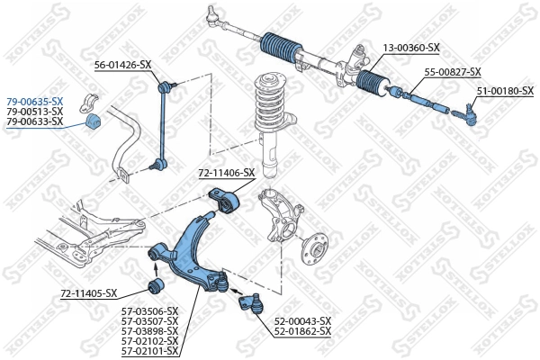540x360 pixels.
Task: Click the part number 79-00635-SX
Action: click(x=34, y=102)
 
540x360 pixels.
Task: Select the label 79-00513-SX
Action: click(x=34, y=112)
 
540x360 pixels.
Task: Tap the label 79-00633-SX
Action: click(x=34, y=121)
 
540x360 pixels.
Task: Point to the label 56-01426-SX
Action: click(x=123, y=65)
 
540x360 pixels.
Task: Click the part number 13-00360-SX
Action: click(x=411, y=47)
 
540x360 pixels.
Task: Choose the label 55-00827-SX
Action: click(x=453, y=71)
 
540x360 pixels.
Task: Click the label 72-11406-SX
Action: click(x=227, y=173)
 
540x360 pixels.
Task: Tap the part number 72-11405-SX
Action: click(x=89, y=293)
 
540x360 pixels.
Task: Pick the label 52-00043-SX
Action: click(x=301, y=321)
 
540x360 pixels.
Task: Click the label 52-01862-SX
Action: click(x=301, y=331)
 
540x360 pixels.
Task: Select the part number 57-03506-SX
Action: click(x=148, y=311)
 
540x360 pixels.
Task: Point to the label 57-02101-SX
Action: click(x=148, y=351)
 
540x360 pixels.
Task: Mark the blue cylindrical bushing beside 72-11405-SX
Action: click(x=154, y=287)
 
